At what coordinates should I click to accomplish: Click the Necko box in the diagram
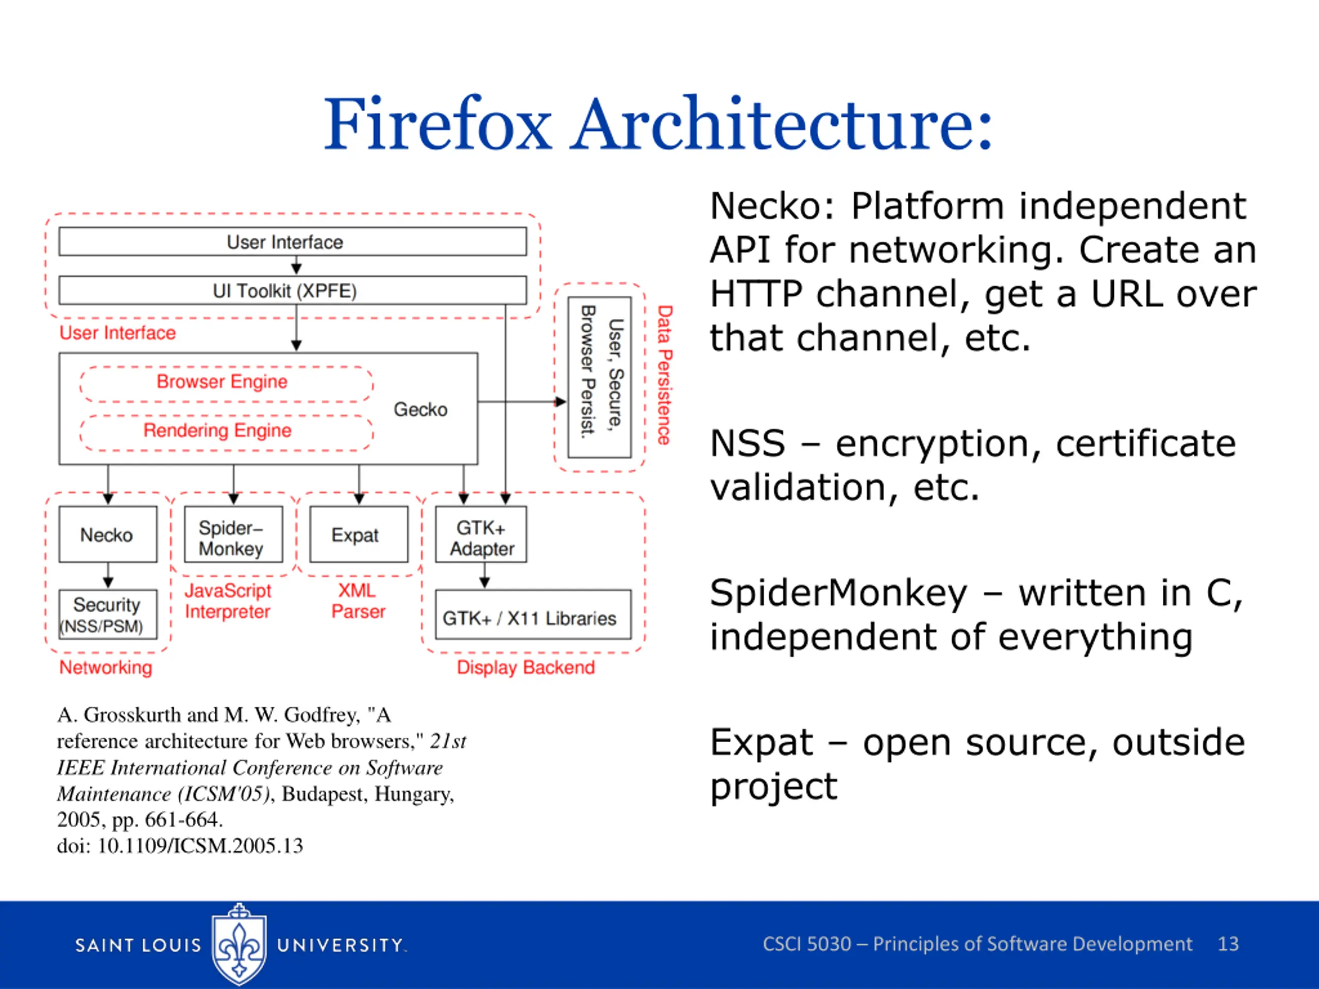108,534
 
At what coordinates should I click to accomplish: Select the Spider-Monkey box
233,534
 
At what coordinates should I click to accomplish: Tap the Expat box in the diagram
359,534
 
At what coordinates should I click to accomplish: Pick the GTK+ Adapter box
481,534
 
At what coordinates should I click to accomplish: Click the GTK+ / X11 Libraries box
533,615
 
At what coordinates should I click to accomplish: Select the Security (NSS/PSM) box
108,615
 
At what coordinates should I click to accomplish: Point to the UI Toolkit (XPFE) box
293,291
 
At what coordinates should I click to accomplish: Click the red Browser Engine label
222,382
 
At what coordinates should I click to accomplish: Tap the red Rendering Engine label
217,431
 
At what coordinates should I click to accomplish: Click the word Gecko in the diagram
420,410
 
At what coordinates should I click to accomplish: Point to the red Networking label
106,667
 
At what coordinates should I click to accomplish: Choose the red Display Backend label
526,667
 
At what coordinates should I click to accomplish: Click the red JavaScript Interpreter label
228,601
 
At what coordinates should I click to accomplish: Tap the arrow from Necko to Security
108,576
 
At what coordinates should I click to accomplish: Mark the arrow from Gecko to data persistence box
522,402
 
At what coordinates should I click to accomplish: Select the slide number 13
1228,944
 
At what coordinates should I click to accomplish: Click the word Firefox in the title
438,124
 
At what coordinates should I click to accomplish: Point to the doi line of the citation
180,846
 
